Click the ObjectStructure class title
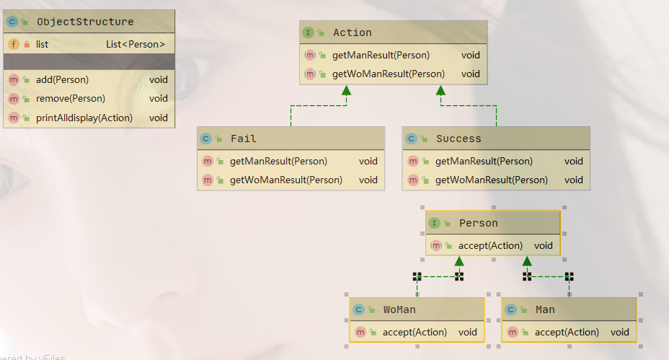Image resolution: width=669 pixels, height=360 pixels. [x=85, y=22]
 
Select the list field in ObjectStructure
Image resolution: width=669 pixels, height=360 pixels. [x=42, y=44]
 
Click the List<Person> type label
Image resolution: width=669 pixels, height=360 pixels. [x=136, y=44]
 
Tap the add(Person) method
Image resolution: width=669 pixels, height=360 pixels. [x=62, y=80]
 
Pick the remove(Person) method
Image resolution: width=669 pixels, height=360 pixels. [x=70, y=99]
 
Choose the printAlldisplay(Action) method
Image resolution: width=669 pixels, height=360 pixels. [x=84, y=118]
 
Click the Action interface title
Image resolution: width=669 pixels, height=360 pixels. [x=353, y=32]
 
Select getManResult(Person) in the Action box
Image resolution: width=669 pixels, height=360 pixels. [x=381, y=55]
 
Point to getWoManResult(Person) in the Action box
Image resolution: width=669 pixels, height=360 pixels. [x=388, y=74]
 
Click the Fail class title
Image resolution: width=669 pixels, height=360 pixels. [x=243, y=139]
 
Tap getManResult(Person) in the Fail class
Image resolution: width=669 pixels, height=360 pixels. [x=278, y=161]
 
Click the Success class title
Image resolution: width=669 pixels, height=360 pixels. [x=458, y=139]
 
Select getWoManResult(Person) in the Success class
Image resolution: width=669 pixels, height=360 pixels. [x=491, y=180]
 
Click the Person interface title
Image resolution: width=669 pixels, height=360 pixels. [x=478, y=223]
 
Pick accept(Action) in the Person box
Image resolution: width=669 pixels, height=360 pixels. [x=490, y=245]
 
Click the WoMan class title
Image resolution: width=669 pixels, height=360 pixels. [x=399, y=309]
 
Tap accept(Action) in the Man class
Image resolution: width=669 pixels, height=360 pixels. [x=567, y=332]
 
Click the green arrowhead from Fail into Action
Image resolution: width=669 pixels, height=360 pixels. [x=346, y=91]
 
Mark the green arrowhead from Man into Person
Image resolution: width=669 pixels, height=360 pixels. [x=527, y=261]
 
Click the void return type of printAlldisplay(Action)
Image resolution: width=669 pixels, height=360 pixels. [x=159, y=118]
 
